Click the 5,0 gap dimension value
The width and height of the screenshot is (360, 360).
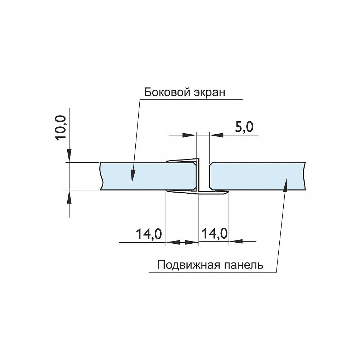tap(244, 127)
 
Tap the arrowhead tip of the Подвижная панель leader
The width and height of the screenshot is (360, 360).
tap(286, 179)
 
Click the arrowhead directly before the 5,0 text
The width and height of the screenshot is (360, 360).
tap(216, 135)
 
